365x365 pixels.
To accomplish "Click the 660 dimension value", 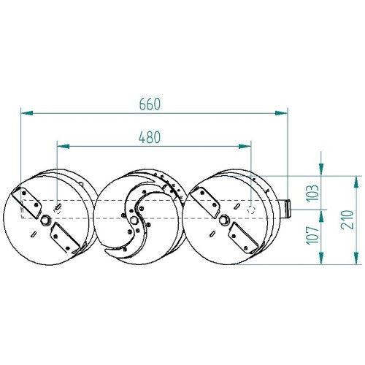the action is pyautogui.click(x=150, y=104).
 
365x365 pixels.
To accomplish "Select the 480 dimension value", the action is pyautogui.click(x=150, y=137).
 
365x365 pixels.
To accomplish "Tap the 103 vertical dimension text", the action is pyautogui.click(x=312, y=193).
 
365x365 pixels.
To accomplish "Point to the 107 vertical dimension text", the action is pyautogui.click(x=312, y=235).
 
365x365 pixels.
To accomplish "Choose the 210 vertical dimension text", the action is pyautogui.click(x=347, y=220).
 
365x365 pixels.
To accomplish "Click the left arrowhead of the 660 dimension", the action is pyautogui.click(x=27, y=113).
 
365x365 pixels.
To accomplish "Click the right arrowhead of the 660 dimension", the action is pyautogui.click(x=281, y=113).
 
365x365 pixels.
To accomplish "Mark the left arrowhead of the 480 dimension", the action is pyautogui.click(x=63, y=146).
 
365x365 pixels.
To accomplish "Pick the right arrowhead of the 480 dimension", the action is pyautogui.click(x=245, y=146).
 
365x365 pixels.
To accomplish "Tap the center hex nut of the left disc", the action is pyautogui.click(x=45, y=220).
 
